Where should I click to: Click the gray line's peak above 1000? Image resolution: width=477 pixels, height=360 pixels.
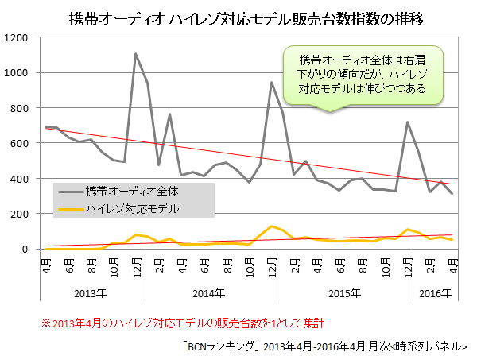point(136,54)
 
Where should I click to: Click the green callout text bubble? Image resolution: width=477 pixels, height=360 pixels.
point(363,75)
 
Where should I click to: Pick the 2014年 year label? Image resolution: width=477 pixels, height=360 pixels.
point(209,293)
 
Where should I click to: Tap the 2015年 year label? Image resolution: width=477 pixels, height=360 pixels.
point(345,293)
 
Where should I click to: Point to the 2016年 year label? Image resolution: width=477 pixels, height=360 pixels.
point(434,293)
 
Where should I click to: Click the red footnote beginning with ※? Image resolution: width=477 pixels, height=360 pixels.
point(183,323)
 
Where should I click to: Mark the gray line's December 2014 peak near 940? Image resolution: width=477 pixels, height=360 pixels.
point(272,83)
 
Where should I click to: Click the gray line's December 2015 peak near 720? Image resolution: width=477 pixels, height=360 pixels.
point(407,122)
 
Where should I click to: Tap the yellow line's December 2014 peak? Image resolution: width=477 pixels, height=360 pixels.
point(272,226)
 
